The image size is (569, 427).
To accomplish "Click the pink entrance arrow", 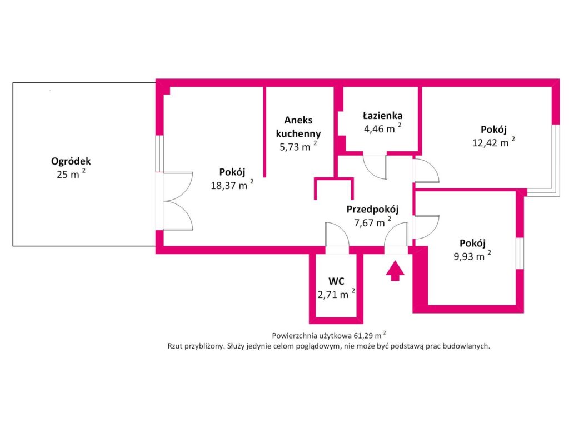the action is tap(395, 271).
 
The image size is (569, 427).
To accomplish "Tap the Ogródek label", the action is tap(71, 161).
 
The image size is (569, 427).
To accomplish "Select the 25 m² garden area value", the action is tap(71, 174).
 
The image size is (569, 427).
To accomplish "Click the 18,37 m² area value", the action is tap(232, 185).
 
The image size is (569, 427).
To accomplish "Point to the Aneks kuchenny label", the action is tap(298, 127).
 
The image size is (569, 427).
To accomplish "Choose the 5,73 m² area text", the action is tap(298, 146).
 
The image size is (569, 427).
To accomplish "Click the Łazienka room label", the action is tap(382, 116).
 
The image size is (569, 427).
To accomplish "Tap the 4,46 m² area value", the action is tap(382, 128).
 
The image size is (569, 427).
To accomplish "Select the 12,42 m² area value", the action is tap(493, 142).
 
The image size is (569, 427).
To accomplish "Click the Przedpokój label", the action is tap(372, 210).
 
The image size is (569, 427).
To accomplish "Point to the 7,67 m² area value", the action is tap(372, 222).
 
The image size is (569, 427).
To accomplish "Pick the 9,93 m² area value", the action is tap(472, 256).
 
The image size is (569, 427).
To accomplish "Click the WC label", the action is tap(336, 281).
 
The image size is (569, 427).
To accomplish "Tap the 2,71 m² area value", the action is tap(336, 294).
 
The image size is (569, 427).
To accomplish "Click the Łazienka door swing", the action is tap(376, 167).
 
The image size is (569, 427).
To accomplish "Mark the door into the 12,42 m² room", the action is tap(427, 170).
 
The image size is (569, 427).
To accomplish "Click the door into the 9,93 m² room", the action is tap(427, 227).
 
